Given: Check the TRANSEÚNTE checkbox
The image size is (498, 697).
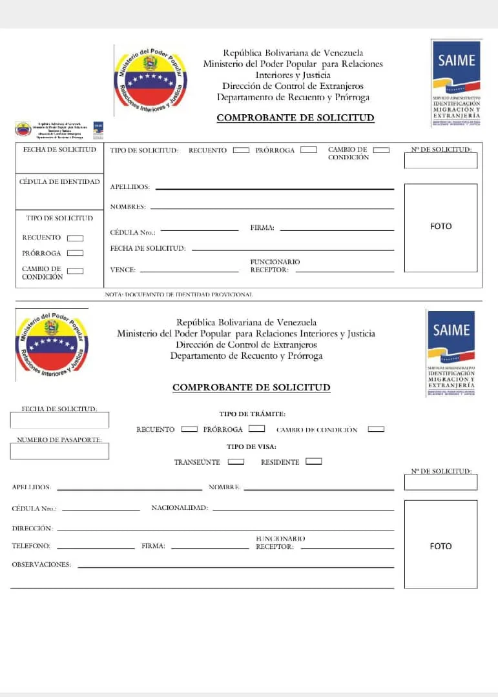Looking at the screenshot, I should point(236,461).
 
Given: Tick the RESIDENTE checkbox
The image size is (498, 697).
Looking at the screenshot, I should point(314,461).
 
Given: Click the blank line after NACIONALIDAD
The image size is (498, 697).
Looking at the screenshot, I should point(303,510).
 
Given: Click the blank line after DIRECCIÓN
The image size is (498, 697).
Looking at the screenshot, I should point(225,530).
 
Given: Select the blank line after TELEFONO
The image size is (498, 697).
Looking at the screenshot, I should point(96,548).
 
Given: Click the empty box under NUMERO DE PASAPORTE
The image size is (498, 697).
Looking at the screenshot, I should point(59,451).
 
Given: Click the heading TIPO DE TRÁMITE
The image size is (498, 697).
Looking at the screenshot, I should point(253,414).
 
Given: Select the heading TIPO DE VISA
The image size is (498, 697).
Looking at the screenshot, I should point(251,447).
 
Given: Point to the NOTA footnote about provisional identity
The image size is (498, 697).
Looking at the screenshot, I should point(179,294).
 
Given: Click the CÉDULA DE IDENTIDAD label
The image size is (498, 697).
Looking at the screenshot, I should point(59,182).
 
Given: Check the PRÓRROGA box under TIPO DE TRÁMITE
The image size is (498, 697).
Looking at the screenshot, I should point(257,429).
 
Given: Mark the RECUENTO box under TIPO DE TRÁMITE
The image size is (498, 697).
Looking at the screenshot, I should point(189,429).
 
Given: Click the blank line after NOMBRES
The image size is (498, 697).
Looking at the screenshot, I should point(271,208).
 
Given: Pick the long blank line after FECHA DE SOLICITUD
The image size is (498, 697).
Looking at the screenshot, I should point(293,250).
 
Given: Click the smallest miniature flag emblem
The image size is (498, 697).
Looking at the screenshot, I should point(23,129).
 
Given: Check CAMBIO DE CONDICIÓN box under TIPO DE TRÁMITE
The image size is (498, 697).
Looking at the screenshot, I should point(376,429).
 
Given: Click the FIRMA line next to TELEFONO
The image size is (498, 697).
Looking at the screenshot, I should point(210,548).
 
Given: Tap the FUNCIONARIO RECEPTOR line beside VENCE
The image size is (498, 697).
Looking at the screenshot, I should point(344,272).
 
